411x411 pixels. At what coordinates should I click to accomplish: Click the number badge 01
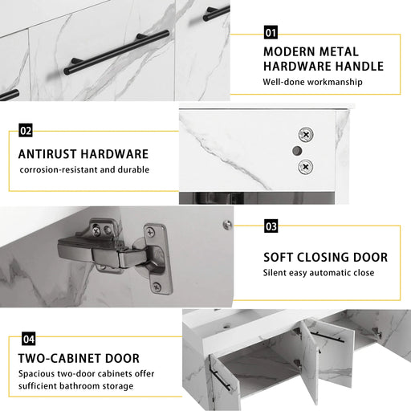pyautogui.click(x=271, y=33)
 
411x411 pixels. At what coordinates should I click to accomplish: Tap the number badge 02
pyautogui.click(x=26, y=130)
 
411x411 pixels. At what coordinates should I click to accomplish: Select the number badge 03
pyautogui.click(x=271, y=226)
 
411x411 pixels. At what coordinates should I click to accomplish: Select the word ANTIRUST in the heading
pyautogui.click(x=51, y=153)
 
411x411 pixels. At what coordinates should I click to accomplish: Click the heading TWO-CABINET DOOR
pyautogui.click(x=79, y=358)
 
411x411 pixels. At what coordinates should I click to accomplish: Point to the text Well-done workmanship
pyautogui.click(x=312, y=82)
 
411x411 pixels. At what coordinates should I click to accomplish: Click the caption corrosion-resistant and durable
pyautogui.click(x=84, y=169)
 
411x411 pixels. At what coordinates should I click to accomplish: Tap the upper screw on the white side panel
pyautogui.click(x=305, y=136)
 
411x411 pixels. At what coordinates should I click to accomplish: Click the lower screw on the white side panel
pyautogui.click(x=305, y=167)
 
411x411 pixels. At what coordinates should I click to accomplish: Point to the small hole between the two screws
pyautogui.click(x=296, y=151)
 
